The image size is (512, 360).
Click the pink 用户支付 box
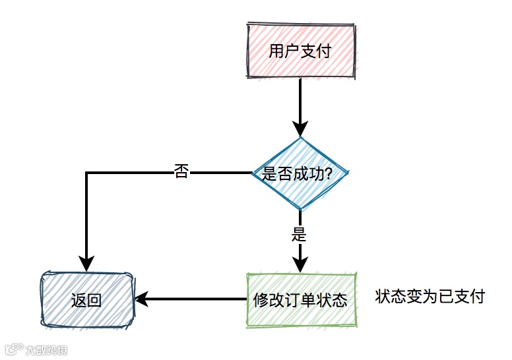click(300, 51)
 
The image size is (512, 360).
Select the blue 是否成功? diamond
click(300, 173)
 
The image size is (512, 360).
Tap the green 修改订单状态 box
click(300, 300)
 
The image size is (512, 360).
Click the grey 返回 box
click(86, 300)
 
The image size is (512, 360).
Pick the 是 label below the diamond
click(300, 234)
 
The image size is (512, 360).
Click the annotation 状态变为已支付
click(430, 297)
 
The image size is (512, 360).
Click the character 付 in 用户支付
click(323, 51)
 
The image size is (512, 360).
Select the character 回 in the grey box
click(94, 301)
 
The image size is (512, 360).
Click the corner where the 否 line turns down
click(86, 173)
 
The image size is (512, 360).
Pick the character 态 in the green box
click(340, 301)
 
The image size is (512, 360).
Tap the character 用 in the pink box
click(276, 51)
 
